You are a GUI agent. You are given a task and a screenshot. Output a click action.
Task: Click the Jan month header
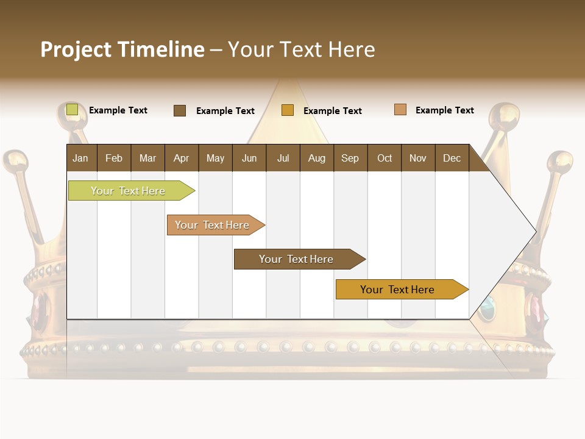(x=81, y=158)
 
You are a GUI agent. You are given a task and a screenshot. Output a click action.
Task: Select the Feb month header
(x=114, y=158)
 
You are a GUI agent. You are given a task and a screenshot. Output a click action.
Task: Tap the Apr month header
(x=182, y=158)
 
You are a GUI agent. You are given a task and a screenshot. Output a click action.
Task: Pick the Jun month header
(x=249, y=158)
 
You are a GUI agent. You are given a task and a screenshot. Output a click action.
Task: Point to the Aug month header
(x=317, y=158)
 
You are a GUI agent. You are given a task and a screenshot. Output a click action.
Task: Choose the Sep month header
(x=350, y=158)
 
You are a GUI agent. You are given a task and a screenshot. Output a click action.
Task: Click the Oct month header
(x=385, y=158)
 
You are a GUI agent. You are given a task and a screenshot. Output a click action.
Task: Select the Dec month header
(x=452, y=158)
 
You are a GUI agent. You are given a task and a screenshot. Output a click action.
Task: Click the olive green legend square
(x=72, y=110)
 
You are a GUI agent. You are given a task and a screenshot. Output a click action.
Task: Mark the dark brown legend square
(x=180, y=110)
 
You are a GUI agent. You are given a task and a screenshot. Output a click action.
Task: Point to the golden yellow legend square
(x=288, y=110)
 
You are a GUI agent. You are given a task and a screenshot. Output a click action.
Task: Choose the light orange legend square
(x=400, y=110)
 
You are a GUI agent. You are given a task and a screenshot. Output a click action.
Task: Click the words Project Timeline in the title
(x=122, y=49)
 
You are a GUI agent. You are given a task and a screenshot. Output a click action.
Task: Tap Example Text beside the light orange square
(x=444, y=110)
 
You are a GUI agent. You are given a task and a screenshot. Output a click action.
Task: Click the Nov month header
(x=418, y=158)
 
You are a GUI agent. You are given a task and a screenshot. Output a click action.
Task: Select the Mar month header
(x=147, y=158)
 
